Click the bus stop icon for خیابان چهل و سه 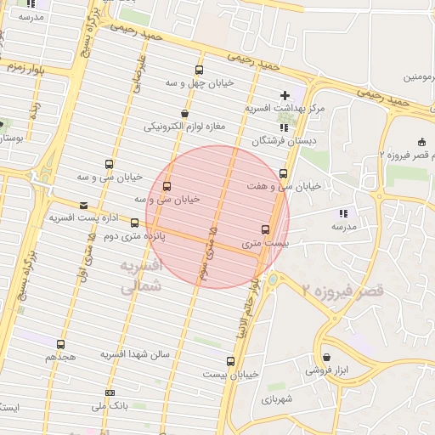click(x=199, y=71)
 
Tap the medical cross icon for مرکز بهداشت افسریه click(x=284, y=94)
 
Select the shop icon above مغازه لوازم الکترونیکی click(x=184, y=113)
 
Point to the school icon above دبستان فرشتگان click(x=283, y=127)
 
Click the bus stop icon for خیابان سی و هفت click(x=283, y=173)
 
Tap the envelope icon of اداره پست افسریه click(x=83, y=205)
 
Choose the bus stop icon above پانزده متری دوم click(x=134, y=223)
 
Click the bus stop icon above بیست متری click(x=265, y=229)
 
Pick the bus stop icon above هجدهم click(x=60, y=344)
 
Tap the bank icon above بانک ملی click(x=110, y=393)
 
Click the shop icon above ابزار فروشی click(x=327, y=358)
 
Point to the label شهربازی click(x=278, y=398)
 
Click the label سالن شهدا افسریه click(x=136, y=353)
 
